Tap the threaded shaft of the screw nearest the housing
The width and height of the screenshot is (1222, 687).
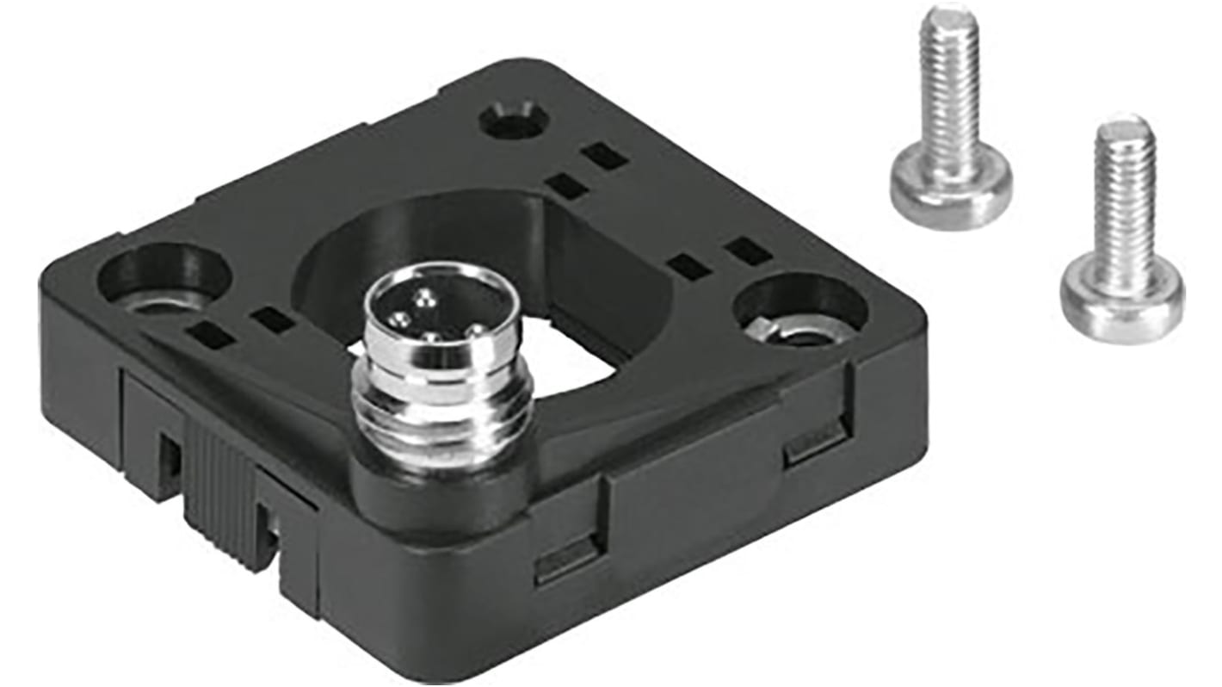(x=949, y=95)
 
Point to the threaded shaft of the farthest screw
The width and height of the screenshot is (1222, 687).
(x=1124, y=207)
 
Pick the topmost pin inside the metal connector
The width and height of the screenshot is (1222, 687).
(x=424, y=298)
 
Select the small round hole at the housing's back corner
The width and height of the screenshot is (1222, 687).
(x=513, y=121)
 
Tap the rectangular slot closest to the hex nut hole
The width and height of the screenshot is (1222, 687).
(x=747, y=251)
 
